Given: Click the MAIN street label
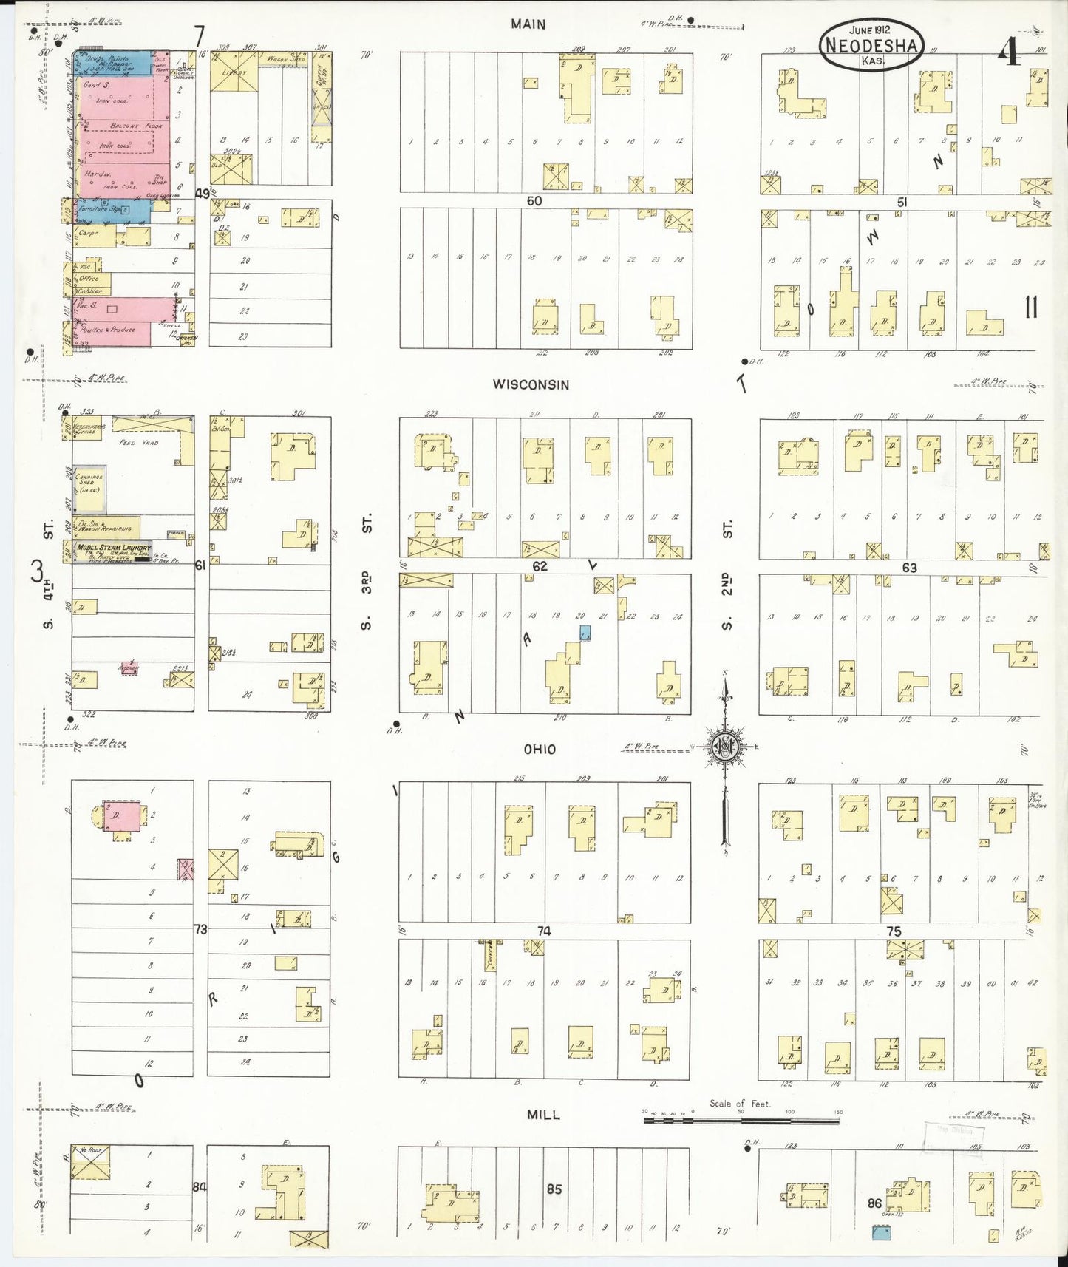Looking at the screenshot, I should click(528, 24).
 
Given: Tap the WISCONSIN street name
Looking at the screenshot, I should click(531, 384).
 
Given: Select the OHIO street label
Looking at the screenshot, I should click(540, 750).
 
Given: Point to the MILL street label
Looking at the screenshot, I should click(543, 1114).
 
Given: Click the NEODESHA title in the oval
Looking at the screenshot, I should click(871, 46).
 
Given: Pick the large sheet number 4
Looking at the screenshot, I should click(1010, 52).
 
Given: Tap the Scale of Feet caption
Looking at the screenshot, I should click(740, 1104).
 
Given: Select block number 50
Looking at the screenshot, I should click(534, 201).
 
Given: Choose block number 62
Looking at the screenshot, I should click(540, 566).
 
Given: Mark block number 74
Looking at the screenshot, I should click(544, 931).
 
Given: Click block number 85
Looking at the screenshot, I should click(554, 1189).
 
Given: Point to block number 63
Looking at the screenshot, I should click(908, 568).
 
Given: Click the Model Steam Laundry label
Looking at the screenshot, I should click(112, 547).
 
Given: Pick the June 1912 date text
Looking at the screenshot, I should click(870, 30).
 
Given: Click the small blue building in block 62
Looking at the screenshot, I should click(585, 633).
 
